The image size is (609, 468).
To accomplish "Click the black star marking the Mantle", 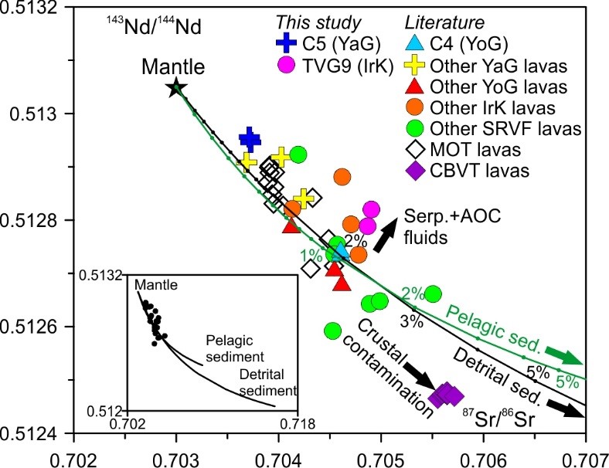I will [x=176, y=88].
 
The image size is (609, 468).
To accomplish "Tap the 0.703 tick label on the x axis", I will [x=176, y=455].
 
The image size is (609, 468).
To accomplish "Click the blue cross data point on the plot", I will [x=250, y=139].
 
